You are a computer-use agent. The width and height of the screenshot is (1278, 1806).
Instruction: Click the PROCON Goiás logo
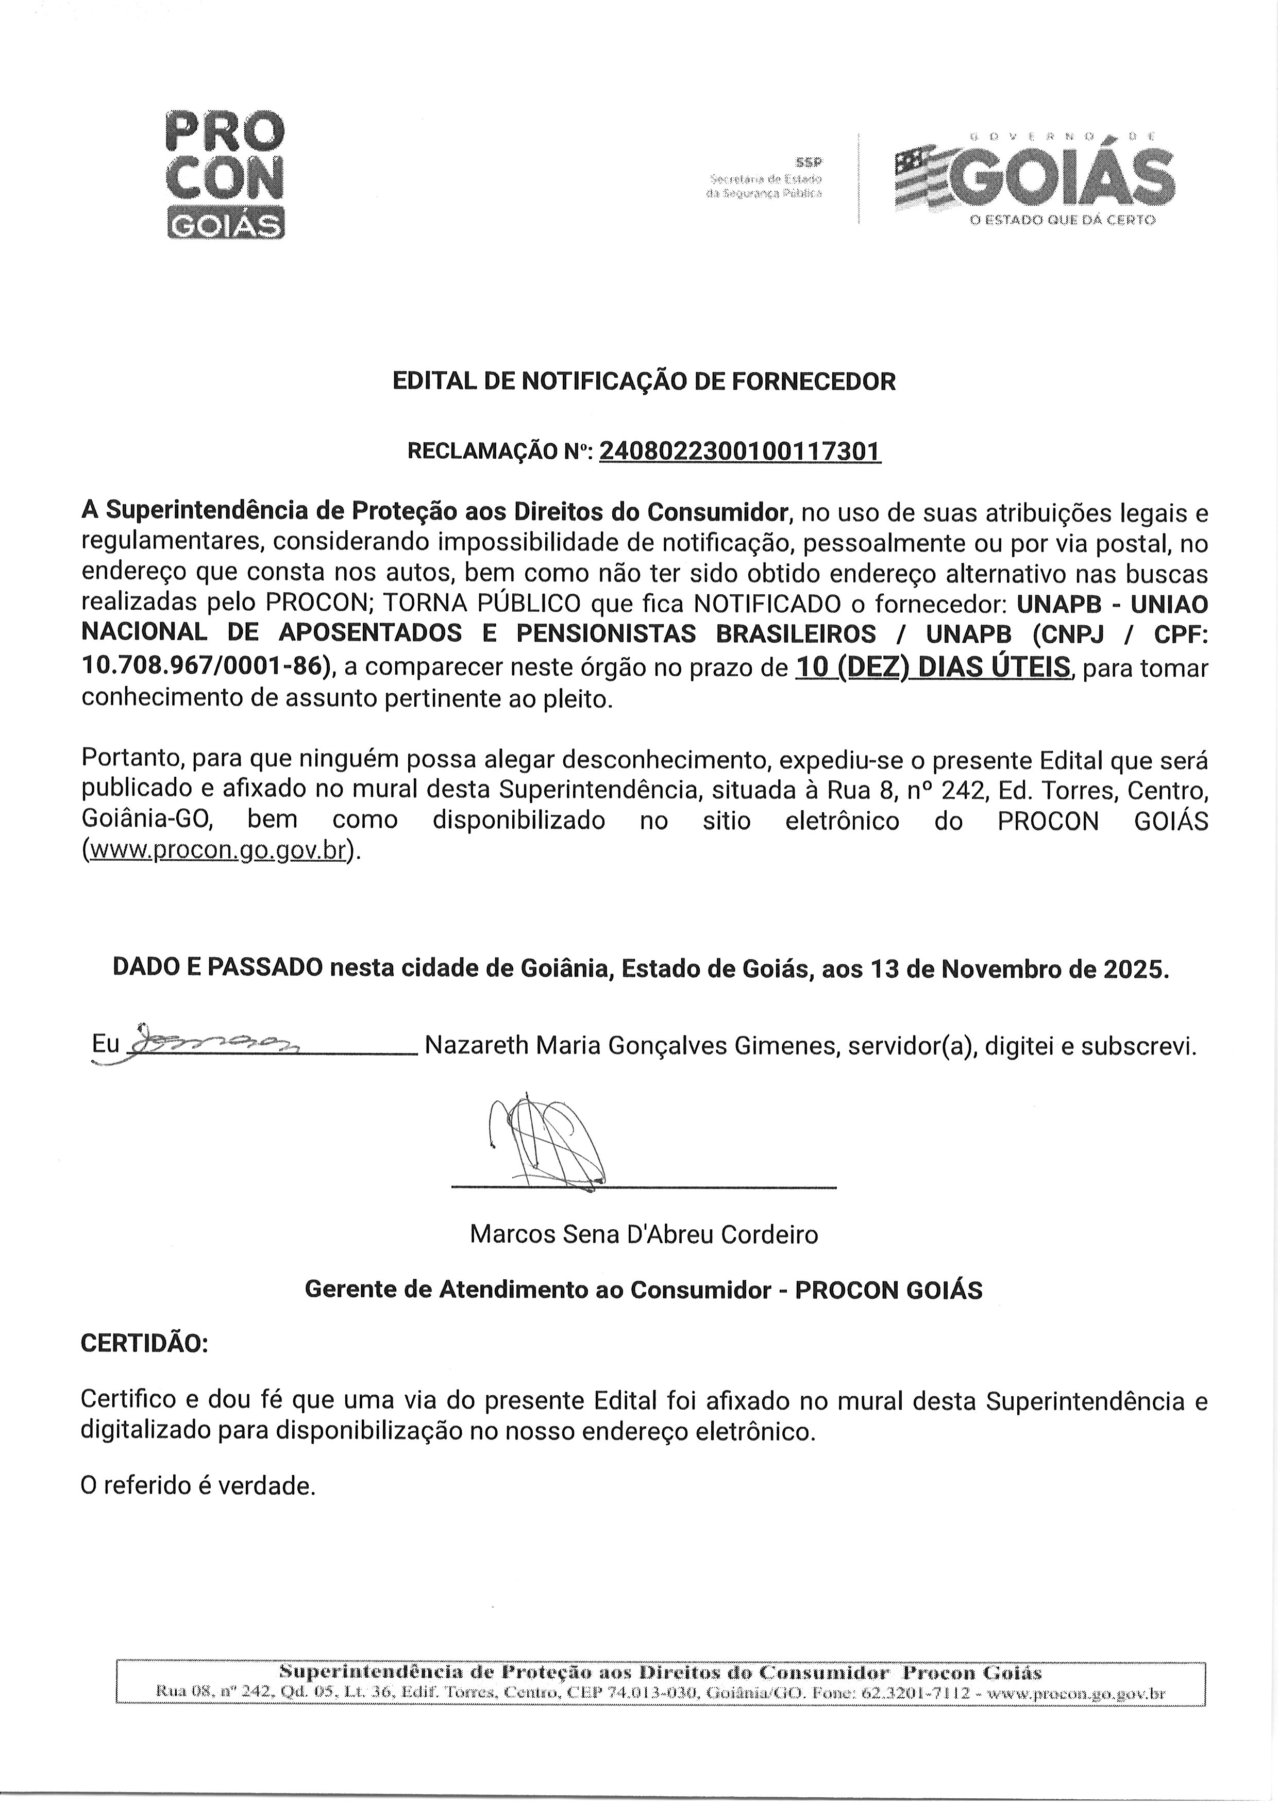tap(225, 175)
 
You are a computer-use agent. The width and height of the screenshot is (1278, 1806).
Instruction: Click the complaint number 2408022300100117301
tap(739, 451)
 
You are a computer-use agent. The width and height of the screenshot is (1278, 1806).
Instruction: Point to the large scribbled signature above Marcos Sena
tap(547, 1141)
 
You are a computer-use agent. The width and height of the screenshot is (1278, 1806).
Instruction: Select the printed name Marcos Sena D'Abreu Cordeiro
tap(644, 1234)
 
